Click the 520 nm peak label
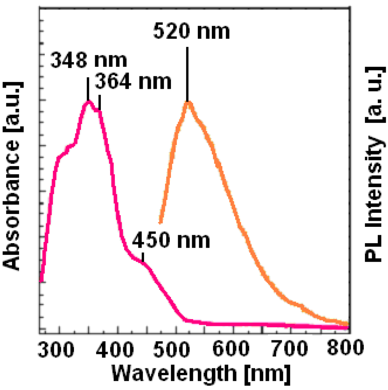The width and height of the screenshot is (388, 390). click(x=192, y=32)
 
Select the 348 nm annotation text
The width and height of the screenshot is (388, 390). click(x=89, y=61)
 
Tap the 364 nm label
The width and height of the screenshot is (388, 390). click(x=133, y=82)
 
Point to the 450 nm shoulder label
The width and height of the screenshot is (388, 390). click(x=171, y=241)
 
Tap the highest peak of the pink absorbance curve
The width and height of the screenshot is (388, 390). click(x=88, y=101)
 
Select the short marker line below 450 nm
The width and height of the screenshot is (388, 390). click(x=143, y=257)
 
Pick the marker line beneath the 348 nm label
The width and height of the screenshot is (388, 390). click(x=88, y=89)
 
